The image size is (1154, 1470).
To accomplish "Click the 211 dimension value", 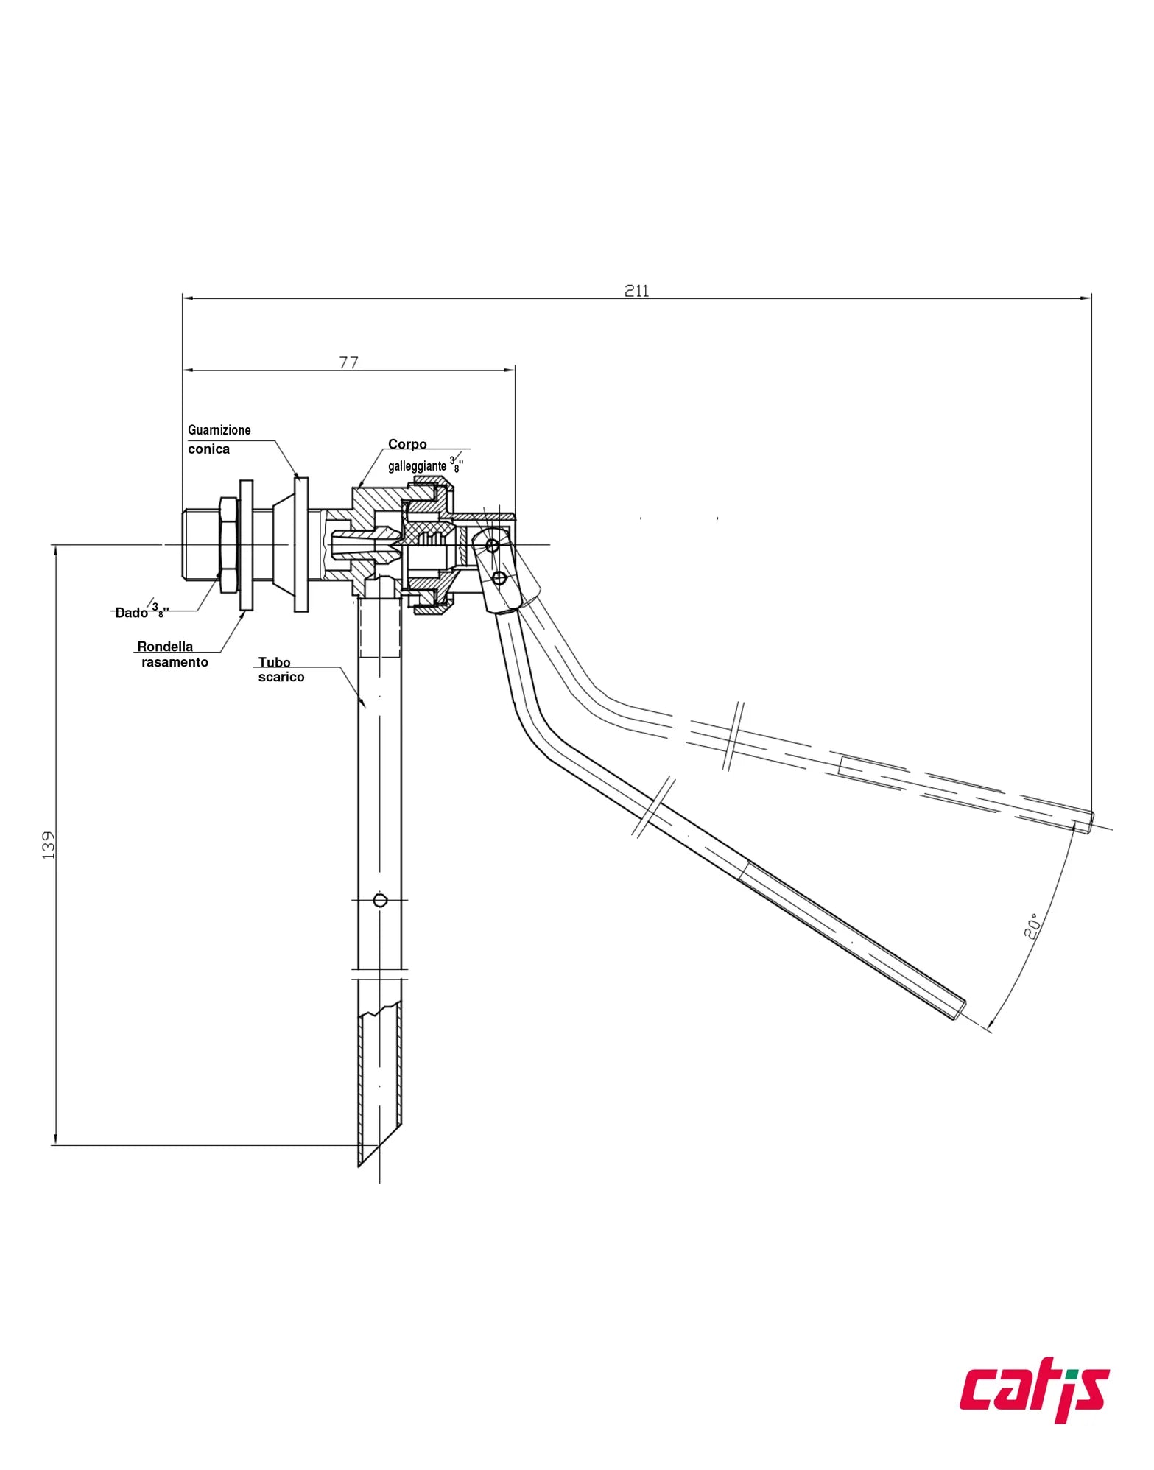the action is pyautogui.click(x=637, y=291).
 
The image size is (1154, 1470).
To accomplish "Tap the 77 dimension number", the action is pyautogui.click(x=348, y=362).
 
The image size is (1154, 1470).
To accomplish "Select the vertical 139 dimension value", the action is pyautogui.click(x=49, y=845).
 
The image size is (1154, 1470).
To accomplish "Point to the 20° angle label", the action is pyautogui.click(x=1032, y=926).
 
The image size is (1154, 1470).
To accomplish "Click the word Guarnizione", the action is pyautogui.click(x=219, y=430).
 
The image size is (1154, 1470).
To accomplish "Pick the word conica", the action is pyautogui.click(x=208, y=449).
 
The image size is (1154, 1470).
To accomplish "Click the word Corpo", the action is pyautogui.click(x=407, y=444).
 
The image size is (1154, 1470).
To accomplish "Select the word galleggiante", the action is pyautogui.click(x=417, y=466).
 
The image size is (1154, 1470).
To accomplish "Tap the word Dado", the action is pyautogui.click(x=131, y=613).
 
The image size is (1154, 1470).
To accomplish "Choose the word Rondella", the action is pyautogui.click(x=165, y=647).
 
